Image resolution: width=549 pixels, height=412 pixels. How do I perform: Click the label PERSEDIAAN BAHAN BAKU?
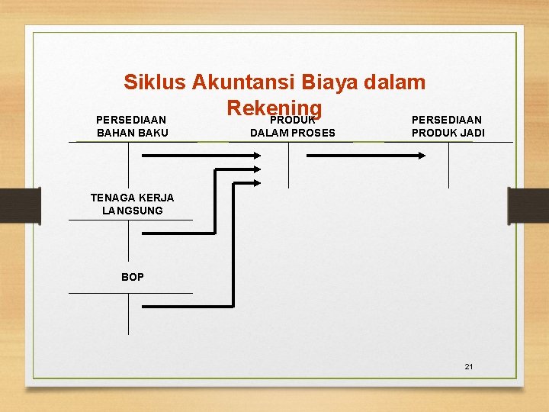point(132,127)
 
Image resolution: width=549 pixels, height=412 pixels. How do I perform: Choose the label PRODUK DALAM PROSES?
point(293,127)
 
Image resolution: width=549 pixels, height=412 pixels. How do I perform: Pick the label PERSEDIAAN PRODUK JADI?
point(448,127)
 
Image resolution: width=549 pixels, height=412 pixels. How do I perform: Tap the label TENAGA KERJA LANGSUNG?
point(132,204)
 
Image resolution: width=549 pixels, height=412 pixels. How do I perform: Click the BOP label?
point(132,277)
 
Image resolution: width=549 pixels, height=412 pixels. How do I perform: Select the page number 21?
point(469,367)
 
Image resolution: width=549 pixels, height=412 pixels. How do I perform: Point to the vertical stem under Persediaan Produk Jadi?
point(449,165)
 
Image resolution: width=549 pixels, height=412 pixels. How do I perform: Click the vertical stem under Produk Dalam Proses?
point(288,165)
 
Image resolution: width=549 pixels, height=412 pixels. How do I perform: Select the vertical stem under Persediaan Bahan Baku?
point(128,165)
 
